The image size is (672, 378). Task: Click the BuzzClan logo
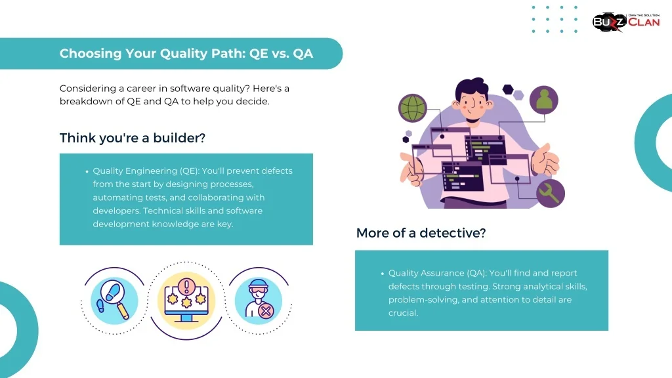[625, 22]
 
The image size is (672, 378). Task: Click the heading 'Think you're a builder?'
[133, 138]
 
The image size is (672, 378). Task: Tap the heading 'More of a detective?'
[421, 233]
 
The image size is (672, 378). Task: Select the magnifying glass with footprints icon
[114, 301]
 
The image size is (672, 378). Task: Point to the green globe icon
[413, 108]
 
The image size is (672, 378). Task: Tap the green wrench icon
[551, 194]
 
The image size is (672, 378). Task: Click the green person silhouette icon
[544, 100]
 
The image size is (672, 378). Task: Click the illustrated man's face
[471, 103]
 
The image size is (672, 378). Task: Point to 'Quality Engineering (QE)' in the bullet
[146, 171]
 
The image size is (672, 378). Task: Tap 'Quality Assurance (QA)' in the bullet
[437, 273]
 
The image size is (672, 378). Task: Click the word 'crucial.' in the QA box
[404, 313]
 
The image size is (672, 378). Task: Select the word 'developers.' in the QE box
[117, 211]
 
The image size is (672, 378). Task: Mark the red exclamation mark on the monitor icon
[186, 286]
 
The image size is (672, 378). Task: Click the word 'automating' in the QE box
[114, 198]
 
